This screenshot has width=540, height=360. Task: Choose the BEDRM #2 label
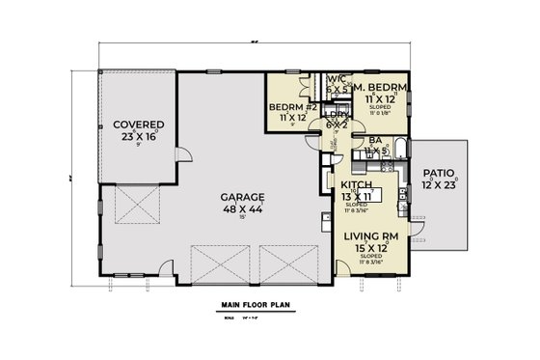[287, 106]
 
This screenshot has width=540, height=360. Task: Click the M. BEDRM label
[383, 89]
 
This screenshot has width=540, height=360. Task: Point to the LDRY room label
[337, 114]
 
